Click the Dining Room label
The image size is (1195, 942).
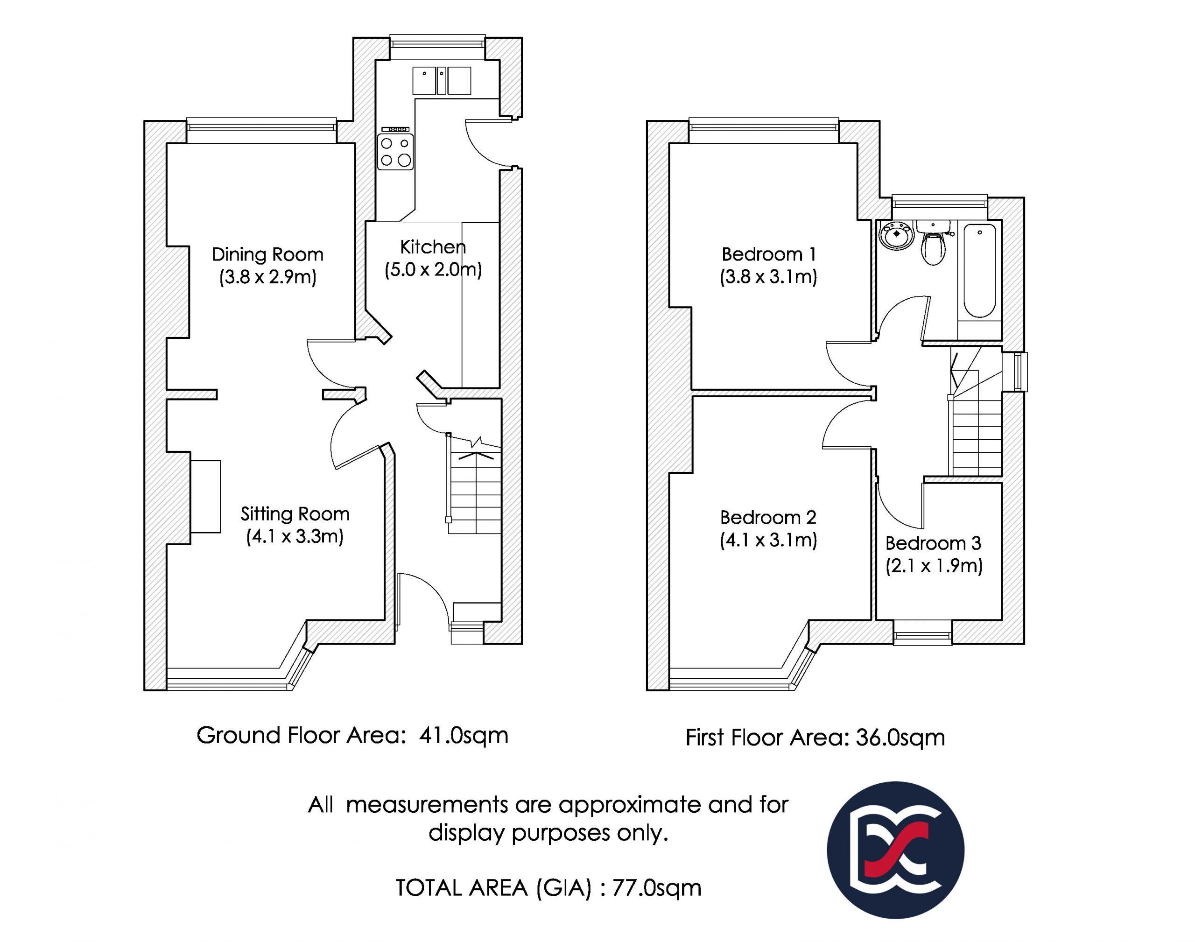pyautogui.click(x=267, y=254)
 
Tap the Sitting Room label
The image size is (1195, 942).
pyautogui.click(x=295, y=514)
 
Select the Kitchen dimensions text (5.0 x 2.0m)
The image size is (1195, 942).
pyautogui.click(x=434, y=270)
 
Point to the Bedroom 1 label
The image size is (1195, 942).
pyautogui.click(x=768, y=254)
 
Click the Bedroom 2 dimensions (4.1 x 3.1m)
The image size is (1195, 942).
pyautogui.click(x=768, y=540)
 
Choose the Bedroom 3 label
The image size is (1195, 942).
pyautogui.click(x=933, y=543)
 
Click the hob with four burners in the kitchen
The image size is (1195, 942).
pyautogui.click(x=395, y=152)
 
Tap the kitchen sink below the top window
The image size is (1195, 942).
pyautogui.click(x=442, y=80)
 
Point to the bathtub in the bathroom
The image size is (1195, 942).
pyautogui.click(x=979, y=270)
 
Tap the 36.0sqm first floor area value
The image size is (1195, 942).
pyautogui.click(x=900, y=738)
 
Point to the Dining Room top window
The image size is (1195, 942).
pyautogui.click(x=261, y=124)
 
